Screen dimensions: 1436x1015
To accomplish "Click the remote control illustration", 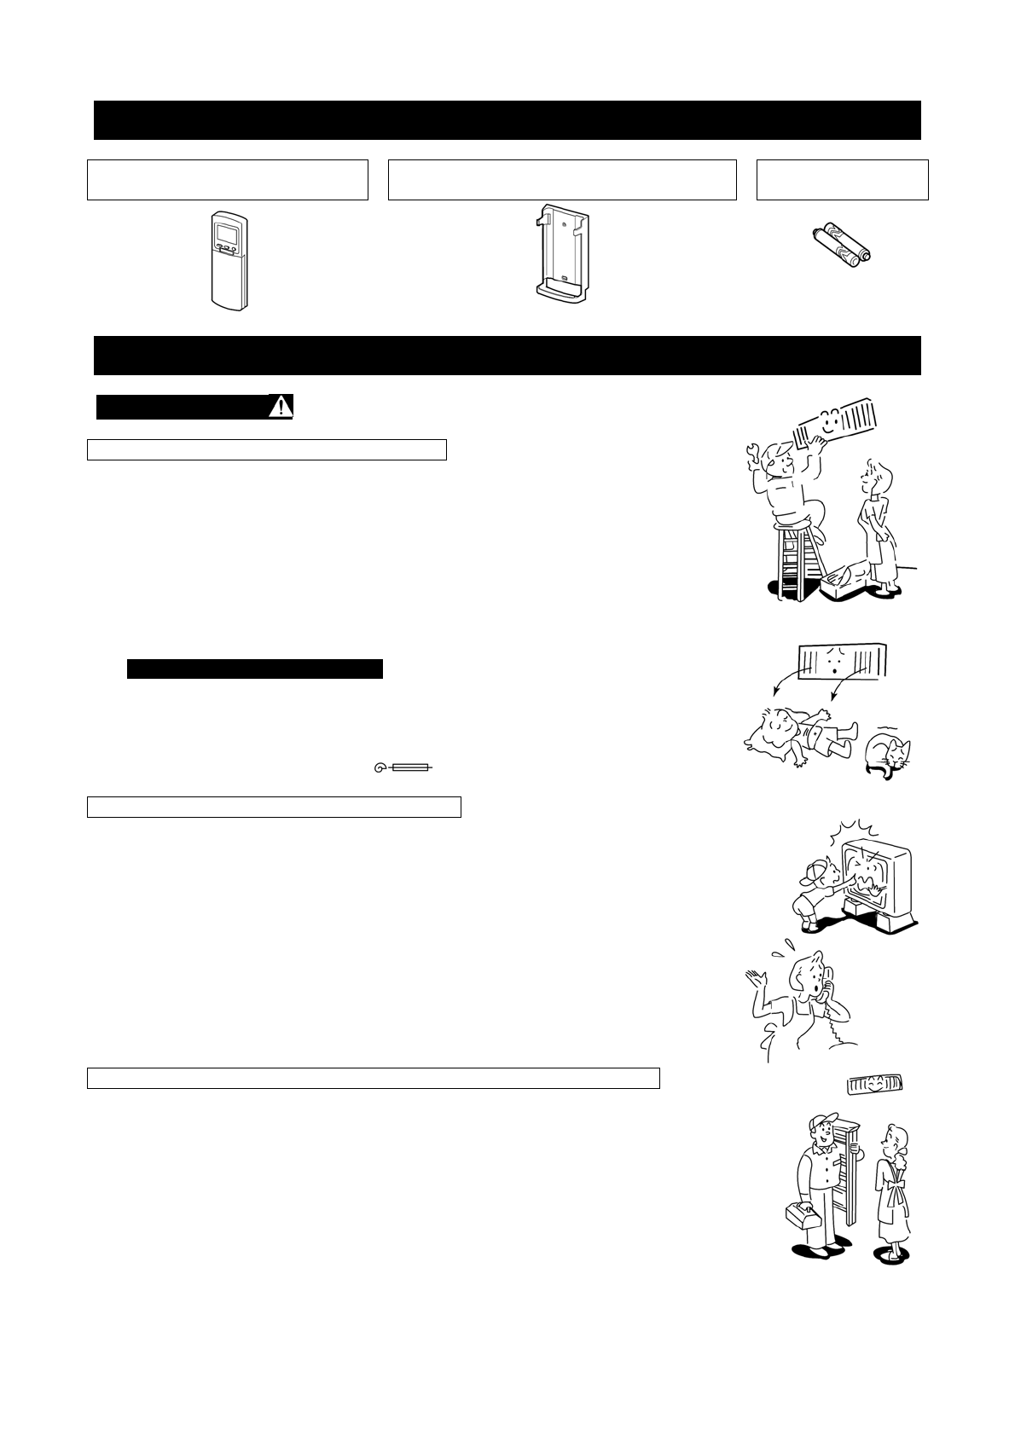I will [229, 261].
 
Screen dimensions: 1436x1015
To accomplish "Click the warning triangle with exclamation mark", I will [281, 407].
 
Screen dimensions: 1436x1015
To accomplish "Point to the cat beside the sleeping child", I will [887, 754].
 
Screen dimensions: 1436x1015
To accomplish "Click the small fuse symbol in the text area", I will [403, 768].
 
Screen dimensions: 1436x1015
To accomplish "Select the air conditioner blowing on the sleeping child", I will [845, 662].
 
